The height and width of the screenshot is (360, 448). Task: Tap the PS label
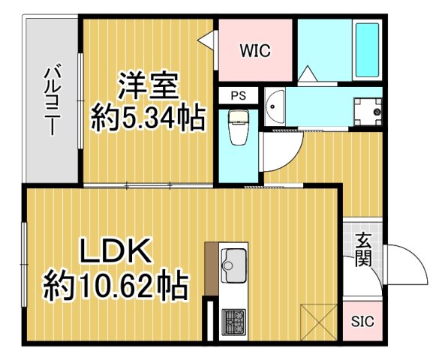[238, 95]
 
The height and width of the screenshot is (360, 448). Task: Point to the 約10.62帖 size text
[115, 286]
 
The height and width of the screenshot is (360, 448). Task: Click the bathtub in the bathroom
[367, 50]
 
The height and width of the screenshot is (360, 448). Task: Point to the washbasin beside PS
[275, 107]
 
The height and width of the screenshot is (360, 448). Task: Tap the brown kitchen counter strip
[211, 269]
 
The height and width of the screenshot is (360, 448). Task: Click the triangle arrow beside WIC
[207, 42]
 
